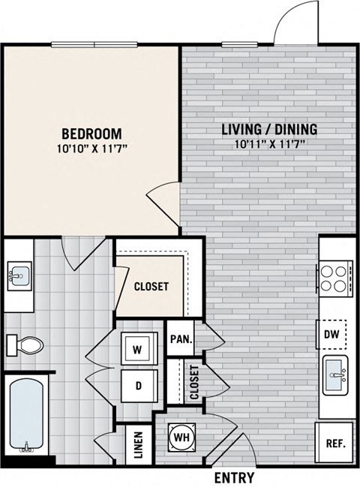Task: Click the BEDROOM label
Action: (x=91, y=134)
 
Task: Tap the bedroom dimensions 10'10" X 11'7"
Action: (x=92, y=149)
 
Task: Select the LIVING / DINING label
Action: (x=269, y=129)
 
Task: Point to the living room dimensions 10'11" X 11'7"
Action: (x=269, y=144)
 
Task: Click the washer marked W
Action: (x=139, y=348)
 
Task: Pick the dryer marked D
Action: (x=139, y=386)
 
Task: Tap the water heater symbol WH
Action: (x=181, y=437)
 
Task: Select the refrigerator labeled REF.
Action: (x=334, y=442)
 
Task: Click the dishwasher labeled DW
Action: (x=331, y=334)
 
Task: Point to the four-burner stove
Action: (x=334, y=278)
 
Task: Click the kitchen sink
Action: (x=335, y=375)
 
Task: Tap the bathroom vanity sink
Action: (x=19, y=276)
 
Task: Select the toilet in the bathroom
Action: (x=25, y=345)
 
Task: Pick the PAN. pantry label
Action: (x=181, y=339)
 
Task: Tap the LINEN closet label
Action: (x=139, y=445)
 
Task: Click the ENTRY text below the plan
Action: (x=235, y=477)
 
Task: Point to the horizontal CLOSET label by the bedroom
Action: (x=151, y=287)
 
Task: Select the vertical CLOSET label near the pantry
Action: (x=194, y=383)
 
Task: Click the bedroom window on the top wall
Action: (x=94, y=45)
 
